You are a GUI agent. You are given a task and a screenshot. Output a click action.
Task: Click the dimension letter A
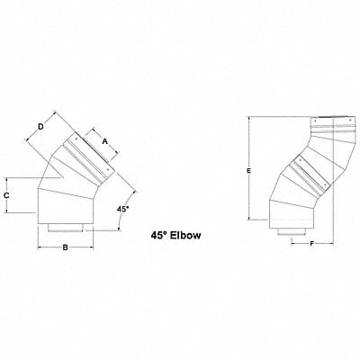tap(104, 141)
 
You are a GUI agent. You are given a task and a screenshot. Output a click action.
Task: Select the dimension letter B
tap(65, 247)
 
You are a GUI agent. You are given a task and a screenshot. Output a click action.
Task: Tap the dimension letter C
tap(6, 195)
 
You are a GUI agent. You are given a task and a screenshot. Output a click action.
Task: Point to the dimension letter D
tap(40, 127)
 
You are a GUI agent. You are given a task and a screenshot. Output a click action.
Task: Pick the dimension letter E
tap(248, 171)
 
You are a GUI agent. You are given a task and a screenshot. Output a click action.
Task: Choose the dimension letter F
tap(312, 244)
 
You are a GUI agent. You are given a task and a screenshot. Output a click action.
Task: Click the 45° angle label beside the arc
tap(122, 209)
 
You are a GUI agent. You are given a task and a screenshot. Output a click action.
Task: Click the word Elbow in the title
tap(185, 236)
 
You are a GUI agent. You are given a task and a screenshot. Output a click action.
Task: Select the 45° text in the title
tap(159, 236)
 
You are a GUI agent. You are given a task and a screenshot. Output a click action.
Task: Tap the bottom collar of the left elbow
tap(66, 228)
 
